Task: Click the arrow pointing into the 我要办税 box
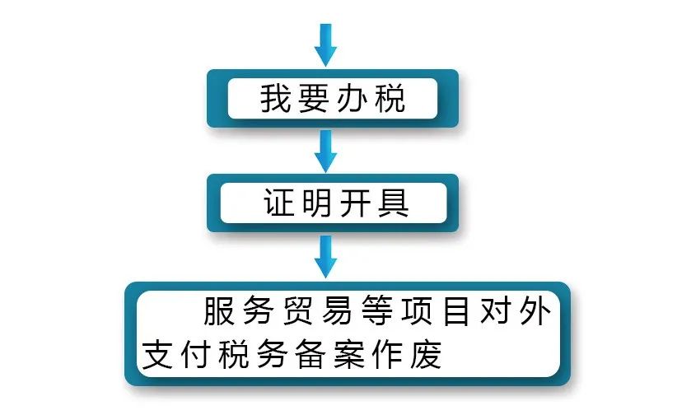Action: pos(325,45)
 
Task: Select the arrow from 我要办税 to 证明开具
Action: pos(325,151)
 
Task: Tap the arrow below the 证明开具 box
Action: pos(325,256)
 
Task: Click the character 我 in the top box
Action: pos(273,98)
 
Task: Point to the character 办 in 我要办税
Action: pos(352,98)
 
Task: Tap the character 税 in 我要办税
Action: pos(390,98)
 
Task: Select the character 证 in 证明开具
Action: pos(278,203)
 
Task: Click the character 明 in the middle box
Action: pos(317,203)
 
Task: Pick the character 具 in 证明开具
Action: pos(394,203)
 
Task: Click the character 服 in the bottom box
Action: pos(218,311)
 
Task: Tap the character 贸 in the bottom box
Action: pos(297,311)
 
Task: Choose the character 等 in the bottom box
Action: pos(376,311)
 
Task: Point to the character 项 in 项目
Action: pos(417,311)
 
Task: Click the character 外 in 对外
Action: pos(535,311)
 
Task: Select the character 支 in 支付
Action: pos(157,354)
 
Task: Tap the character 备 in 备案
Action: pos(310,354)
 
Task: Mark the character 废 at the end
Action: pos(426,354)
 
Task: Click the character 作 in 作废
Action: pos(387,354)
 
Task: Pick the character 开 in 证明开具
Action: pos(355,203)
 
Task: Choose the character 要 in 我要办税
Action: pos(313,98)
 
